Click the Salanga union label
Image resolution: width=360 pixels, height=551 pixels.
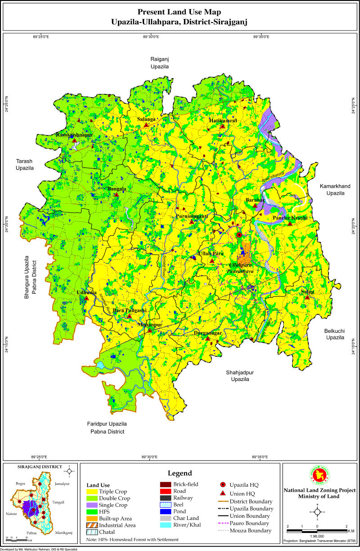(146, 119)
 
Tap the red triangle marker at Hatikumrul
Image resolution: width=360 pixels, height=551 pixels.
(222, 126)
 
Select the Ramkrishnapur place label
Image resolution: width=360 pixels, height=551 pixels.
(74, 134)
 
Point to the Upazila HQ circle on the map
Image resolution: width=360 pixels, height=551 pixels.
(239, 235)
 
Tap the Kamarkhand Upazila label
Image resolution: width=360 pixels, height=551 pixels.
(332, 189)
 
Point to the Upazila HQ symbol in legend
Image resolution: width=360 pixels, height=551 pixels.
(223, 485)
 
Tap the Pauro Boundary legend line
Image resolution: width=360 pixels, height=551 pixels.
(222, 523)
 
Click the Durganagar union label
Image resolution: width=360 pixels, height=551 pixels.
(207, 333)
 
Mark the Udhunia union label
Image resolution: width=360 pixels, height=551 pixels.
(86, 292)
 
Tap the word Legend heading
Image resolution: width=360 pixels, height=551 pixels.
(180, 473)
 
